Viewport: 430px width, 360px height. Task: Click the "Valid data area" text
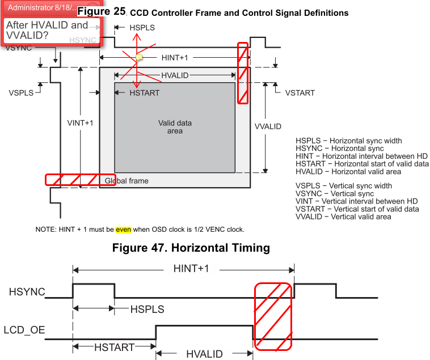pyautogui.click(x=175, y=127)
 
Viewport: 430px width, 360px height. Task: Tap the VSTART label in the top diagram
pyautogui.click(x=300, y=92)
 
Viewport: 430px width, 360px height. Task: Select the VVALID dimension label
pyautogui.click(x=268, y=126)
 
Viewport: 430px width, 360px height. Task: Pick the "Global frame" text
pyautogui.click(x=127, y=181)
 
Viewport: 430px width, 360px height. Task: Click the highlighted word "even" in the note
pyautogui.click(x=123, y=230)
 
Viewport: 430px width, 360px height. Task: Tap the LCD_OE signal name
pyautogui.click(x=24, y=329)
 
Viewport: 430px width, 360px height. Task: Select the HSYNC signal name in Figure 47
pyautogui.click(x=27, y=292)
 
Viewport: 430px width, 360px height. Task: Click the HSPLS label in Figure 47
pyautogui.click(x=147, y=310)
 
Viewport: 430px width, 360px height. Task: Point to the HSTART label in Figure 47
pyautogui.click(x=114, y=347)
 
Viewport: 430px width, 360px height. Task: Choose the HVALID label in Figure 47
pyautogui.click(x=205, y=354)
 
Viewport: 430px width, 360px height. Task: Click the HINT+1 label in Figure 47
pyautogui.click(x=191, y=268)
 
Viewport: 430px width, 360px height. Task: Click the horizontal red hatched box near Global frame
pyautogui.click(x=80, y=180)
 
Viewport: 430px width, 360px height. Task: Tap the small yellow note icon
pyautogui.click(x=139, y=57)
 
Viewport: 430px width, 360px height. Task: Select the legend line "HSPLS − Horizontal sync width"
pyautogui.click(x=348, y=141)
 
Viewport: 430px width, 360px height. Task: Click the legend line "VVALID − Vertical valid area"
pyautogui.click(x=343, y=217)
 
